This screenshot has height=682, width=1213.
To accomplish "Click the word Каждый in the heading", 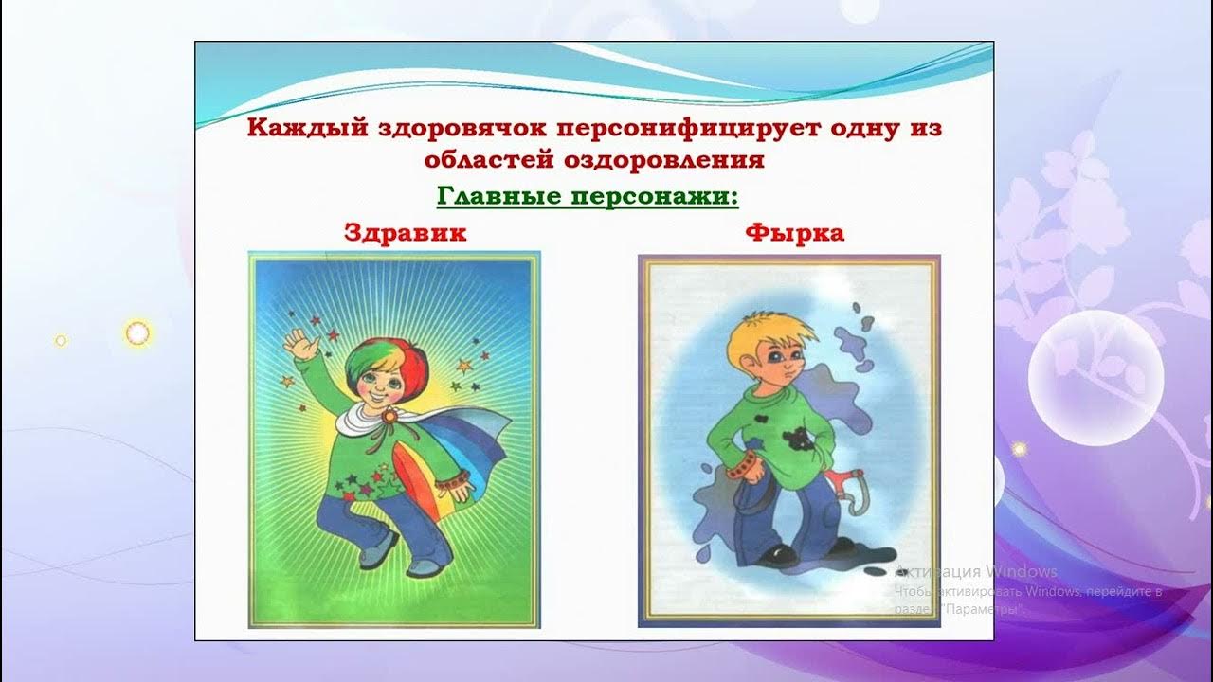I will (x=299, y=129).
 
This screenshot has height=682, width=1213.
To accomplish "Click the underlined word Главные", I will (x=502, y=198).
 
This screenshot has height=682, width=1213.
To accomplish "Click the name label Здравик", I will (x=406, y=233).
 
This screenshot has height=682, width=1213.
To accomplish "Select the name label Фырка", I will (x=795, y=233).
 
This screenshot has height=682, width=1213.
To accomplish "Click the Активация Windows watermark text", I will (x=976, y=571).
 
